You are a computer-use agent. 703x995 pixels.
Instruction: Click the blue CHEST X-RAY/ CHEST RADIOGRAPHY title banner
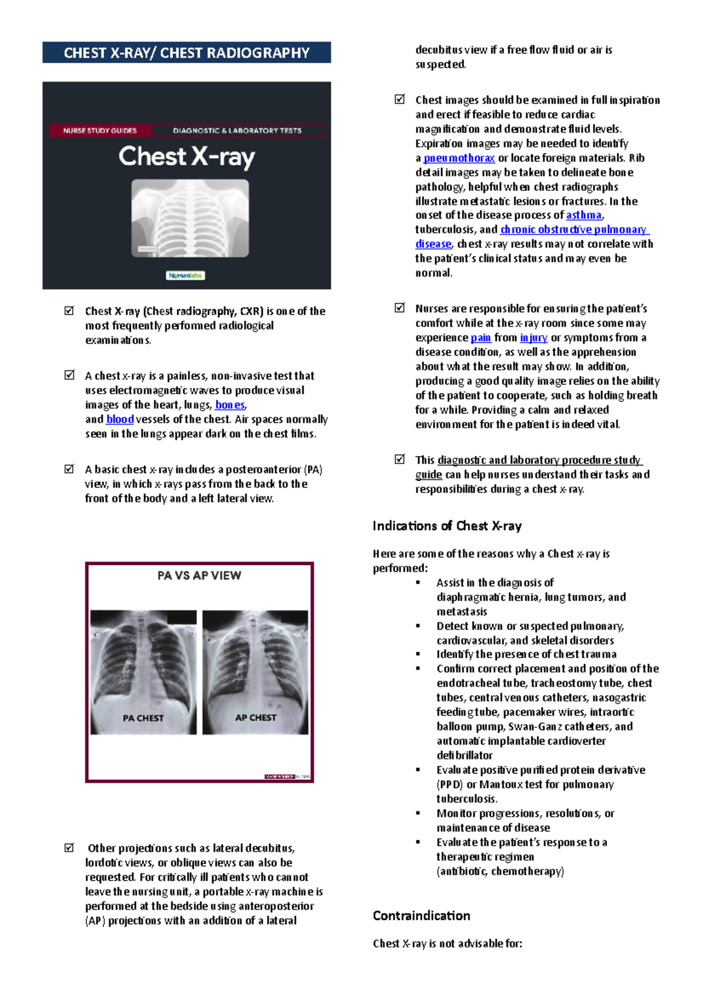(x=186, y=53)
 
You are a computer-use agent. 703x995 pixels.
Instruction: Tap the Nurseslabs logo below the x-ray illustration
(x=185, y=275)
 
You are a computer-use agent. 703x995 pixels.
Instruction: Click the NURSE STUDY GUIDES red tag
(x=100, y=131)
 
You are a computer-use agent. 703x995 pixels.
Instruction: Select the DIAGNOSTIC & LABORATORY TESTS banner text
(x=237, y=131)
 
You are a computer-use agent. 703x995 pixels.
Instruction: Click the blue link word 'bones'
(x=230, y=405)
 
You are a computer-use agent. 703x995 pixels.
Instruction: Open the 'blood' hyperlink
(x=120, y=420)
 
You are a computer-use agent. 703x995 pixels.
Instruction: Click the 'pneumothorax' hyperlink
(x=459, y=158)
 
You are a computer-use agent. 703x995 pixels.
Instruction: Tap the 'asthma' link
(x=583, y=216)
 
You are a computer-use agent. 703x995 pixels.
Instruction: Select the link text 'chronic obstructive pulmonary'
(x=573, y=230)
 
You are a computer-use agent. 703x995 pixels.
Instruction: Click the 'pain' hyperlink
(x=480, y=338)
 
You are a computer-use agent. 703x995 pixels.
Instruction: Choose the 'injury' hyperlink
(x=534, y=338)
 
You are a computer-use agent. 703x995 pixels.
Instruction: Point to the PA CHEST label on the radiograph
(x=143, y=718)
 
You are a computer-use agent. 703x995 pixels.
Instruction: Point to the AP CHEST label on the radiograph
(x=255, y=717)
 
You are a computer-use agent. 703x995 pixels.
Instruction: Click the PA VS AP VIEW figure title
(x=199, y=575)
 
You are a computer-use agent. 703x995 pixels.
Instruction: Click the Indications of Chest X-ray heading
(x=447, y=526)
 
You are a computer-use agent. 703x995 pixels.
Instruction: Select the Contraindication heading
(x=421, y=915)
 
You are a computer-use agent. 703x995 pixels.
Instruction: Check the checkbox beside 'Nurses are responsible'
(x=400, y=308)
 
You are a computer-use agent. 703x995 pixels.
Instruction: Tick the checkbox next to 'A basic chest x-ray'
(x=69, y=469)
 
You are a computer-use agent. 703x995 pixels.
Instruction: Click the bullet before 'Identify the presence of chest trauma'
(x=418, y=654)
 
